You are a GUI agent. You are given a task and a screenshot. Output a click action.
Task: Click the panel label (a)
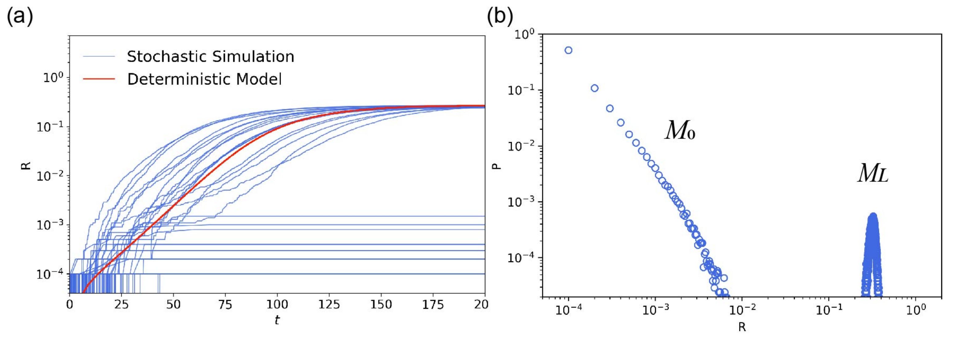pos(20,17)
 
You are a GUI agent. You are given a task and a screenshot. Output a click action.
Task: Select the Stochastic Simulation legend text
pos(210,57)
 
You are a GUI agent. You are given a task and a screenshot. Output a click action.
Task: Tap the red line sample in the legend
pos(99,79)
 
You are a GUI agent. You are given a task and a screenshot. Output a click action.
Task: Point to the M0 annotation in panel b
pos(680,131)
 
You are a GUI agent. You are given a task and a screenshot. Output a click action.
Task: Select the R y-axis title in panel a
pos(26,165)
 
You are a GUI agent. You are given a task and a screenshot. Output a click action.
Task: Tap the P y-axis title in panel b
pos(497,165)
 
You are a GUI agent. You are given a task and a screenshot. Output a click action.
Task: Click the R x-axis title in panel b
pos(742,327)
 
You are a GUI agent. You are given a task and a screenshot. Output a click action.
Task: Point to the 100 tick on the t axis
pos(277,304)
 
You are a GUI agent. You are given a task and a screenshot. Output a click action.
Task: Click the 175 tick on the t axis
pos(433,304)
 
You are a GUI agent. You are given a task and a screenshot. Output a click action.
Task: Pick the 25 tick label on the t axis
pos(121,304)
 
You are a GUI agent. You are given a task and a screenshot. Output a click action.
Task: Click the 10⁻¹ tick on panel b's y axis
pos(521,90)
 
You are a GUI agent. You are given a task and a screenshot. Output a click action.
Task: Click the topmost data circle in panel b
pos(568,50)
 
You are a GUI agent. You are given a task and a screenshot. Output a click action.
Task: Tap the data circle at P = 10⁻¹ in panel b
pos(595,88)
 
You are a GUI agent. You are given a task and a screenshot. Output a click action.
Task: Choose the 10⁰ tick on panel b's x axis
pos(916,310)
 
